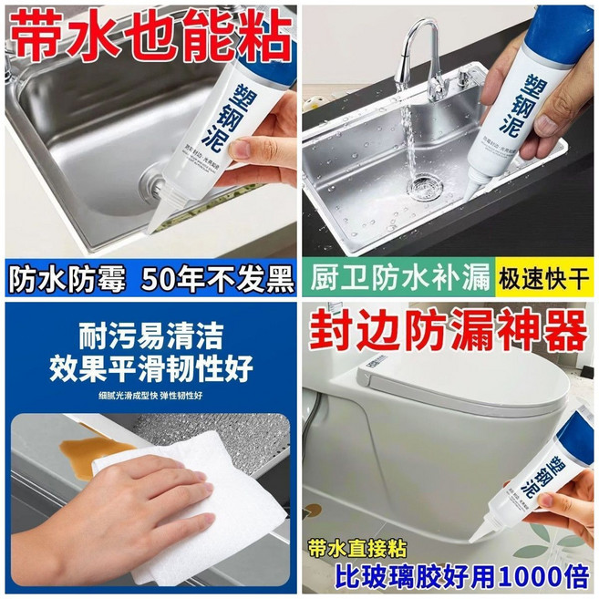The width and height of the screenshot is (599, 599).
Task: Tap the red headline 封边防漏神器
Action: pyautogui.click(x=449, y=334)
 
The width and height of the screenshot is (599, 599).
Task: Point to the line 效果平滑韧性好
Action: pyautogui.click(x=150, y=368)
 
